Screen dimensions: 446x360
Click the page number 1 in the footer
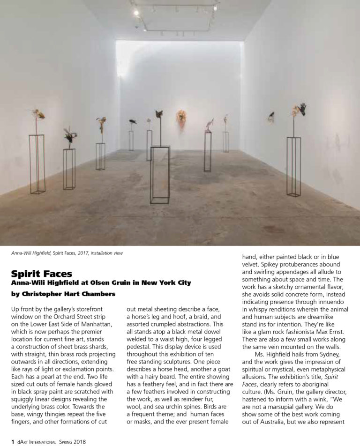coord(6,441)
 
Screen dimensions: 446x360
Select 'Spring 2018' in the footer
coord(72,441)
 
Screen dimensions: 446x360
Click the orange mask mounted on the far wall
coord(181,117)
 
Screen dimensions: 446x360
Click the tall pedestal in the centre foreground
coord(160,173)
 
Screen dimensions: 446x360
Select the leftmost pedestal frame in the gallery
coord(37,164)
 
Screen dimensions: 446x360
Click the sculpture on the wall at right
coord(271,116)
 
